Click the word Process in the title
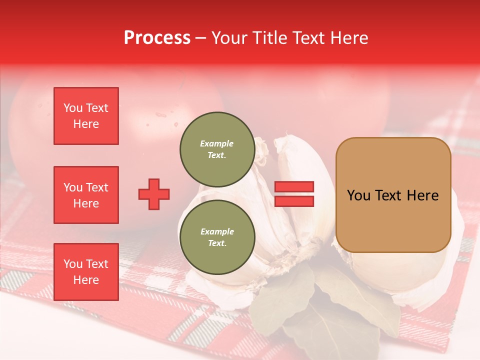157,38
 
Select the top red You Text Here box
86,116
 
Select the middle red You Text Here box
86,195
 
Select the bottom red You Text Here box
86,272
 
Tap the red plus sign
154,194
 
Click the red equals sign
294,194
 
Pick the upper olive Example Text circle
217,149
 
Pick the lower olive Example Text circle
217,237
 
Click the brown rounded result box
393,195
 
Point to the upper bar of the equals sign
294,187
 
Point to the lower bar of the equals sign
294,201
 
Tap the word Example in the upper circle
217,143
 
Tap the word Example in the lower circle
217,231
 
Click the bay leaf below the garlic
280,305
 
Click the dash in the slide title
200,38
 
